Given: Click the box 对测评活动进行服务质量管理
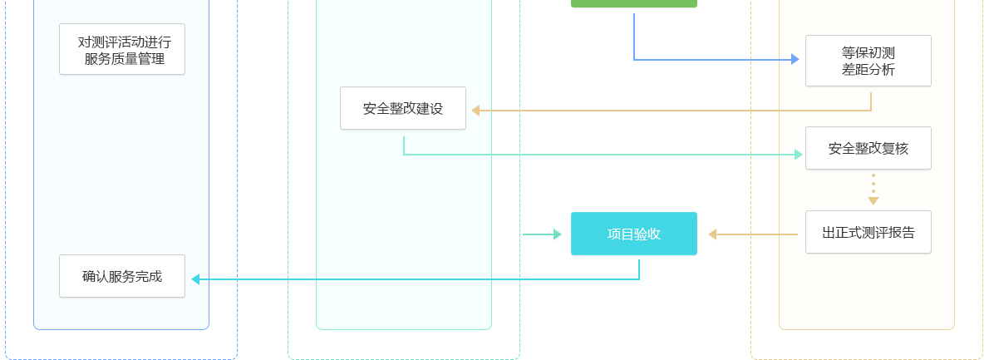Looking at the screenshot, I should (122, 49).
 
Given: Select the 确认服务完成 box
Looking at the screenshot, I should (122, 276).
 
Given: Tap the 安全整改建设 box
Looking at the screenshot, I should (403, 108).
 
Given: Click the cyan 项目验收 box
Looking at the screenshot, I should (634, 234).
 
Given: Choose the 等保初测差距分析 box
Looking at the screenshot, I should (868, 61).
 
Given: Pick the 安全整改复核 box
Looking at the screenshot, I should (868, 148).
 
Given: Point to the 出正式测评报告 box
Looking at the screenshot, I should (868, 232).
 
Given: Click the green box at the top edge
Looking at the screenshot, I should (634, 3).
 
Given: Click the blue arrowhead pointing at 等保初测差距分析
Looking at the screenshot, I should (795, 59).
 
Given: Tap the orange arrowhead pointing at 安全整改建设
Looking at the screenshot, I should (475, 110).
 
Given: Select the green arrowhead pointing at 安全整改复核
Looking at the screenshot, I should (799, 154).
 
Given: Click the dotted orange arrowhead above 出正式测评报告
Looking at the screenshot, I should (873, 200).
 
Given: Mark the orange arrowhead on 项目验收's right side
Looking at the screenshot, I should (712, 234).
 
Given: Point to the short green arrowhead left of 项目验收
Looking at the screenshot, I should (558, 234).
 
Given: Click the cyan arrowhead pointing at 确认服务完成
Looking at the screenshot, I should (195, 279).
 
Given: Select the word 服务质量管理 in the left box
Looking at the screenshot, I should (125, 59).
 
